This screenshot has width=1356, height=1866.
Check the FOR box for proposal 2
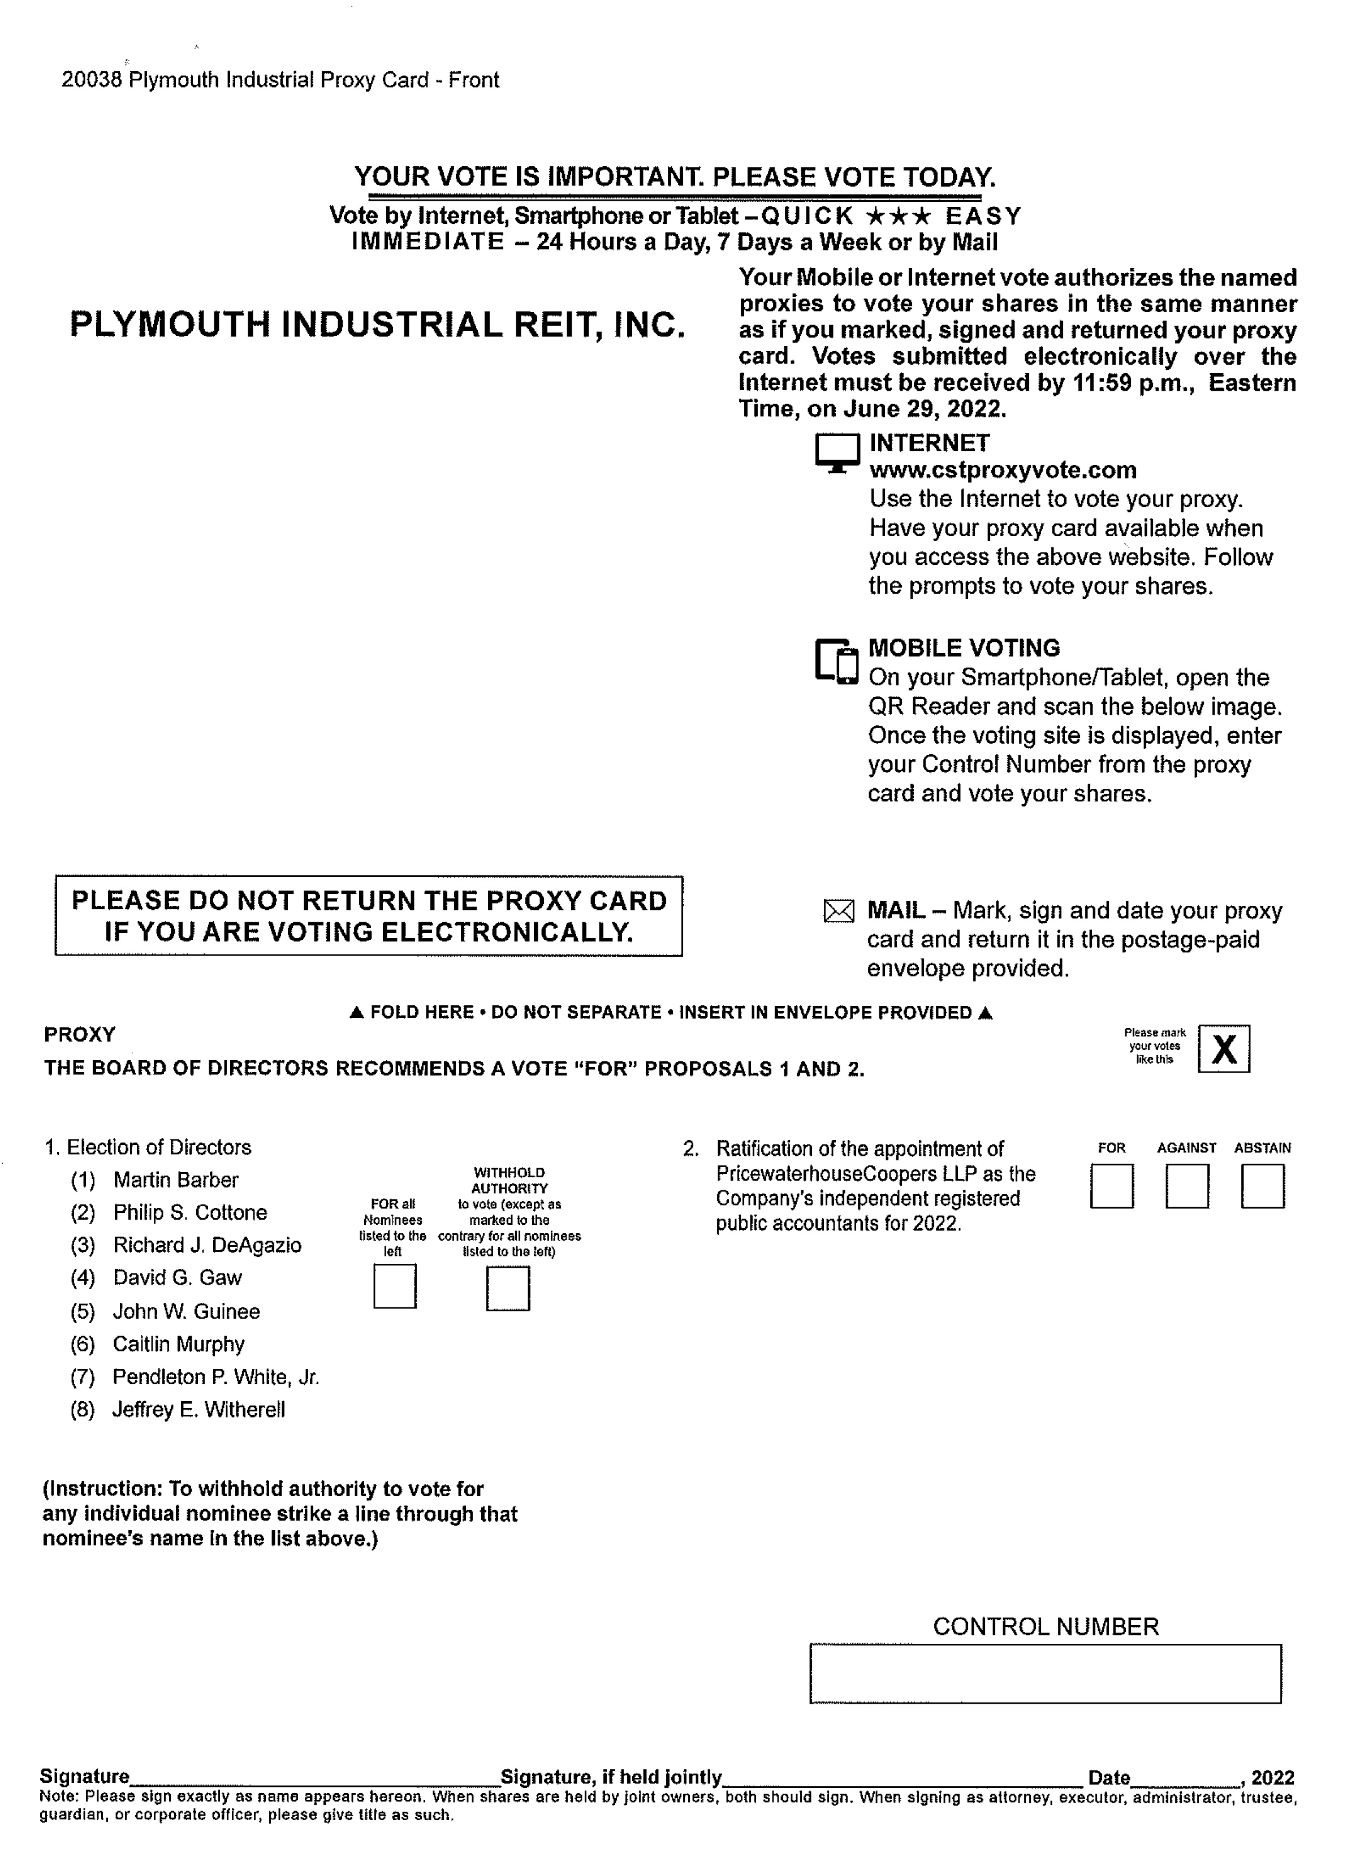(x=1112, y=1186)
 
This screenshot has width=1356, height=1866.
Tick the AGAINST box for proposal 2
(x=1186, y=1186)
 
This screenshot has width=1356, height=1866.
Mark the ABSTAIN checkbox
(x=1262, y=1186)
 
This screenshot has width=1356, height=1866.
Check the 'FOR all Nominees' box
(x=394, y=1286)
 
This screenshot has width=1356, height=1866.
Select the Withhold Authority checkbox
(x=508, y=1288)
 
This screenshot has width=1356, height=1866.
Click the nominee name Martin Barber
(x=175, y=1180)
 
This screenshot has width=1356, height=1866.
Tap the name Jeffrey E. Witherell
(x=198, y=1409)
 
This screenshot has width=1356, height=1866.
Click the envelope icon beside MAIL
(x=839, y=911)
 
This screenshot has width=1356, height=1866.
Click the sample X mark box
(x=1224, y=1048)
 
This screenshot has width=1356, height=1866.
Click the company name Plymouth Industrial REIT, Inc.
(x=378, y=324)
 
